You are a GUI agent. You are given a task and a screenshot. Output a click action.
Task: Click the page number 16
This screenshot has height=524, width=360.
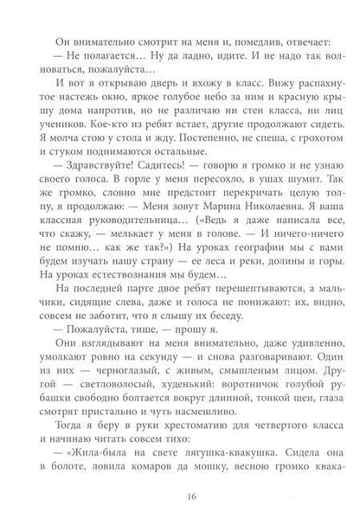point(180,497)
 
